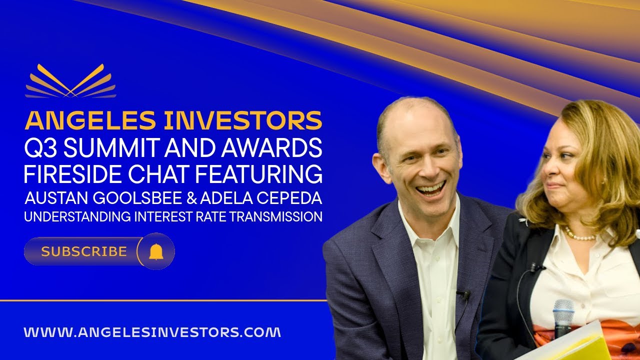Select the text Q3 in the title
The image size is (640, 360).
pyautogui.click(x=39, y=148)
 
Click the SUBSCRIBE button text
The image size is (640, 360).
pyautogui.click(x=84, y=251)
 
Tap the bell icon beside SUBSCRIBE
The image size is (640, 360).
pyautogui.click(x=156, y=251)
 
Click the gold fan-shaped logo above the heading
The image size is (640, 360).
pyautogui.click(x=71, y=81)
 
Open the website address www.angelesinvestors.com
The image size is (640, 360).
pyautogui.click(x=152, y=332)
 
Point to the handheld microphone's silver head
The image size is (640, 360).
pyautogui.click(x=563, y=310)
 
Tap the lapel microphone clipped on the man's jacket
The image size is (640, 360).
pyautogui.click(x=463, y=294)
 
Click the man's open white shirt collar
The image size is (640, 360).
pyautogui.click(x=430, y=220)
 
